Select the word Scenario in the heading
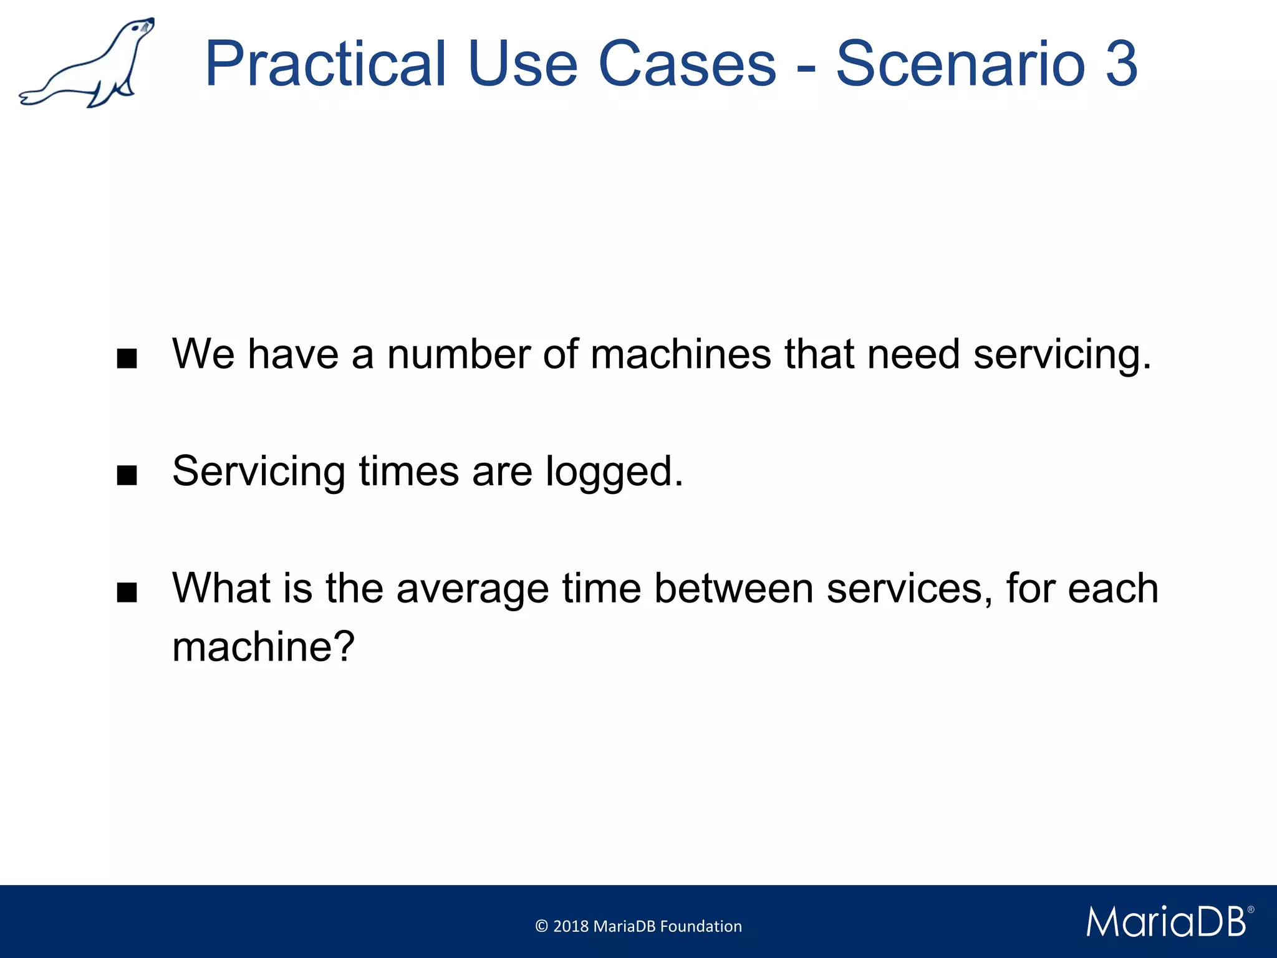tap(960, 64)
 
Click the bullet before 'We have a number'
tap(127, 359)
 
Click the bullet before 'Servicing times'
tap(127, 477)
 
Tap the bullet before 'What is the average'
tap(127, 593)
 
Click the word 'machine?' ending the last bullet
tap(263, 647)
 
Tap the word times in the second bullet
tap(409, 472)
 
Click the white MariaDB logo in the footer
tap(1165, 922)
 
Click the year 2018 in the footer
tap(571, 926)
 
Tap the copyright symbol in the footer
tap(541, 926)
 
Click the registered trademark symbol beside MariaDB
tap(1250, 910)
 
